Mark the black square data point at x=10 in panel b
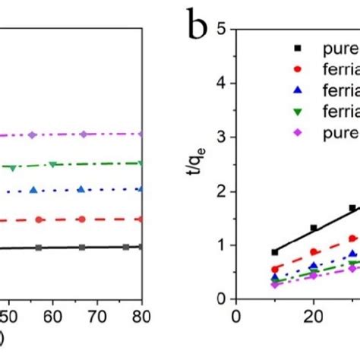pos(274,251)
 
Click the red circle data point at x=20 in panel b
pos(313,251)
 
